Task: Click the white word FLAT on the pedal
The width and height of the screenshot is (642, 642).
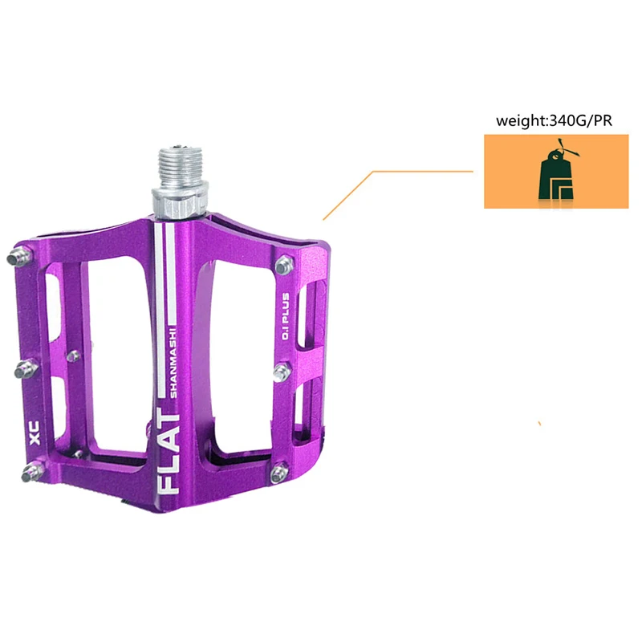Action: (x=169, y=451)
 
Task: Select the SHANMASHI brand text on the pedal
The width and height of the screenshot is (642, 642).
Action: (x=173, y=363)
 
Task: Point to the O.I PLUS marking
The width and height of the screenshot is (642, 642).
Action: (x=285, y=316)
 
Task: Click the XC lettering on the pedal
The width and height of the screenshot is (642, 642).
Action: (x=35, y=433)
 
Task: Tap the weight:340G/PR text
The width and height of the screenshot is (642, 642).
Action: (x=554, y=121)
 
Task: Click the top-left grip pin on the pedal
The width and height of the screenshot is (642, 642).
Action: (x=19, y=256)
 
